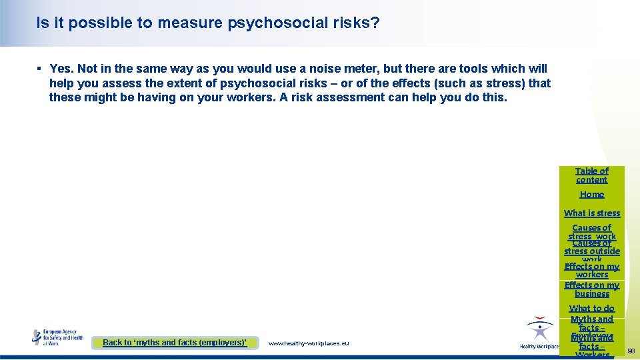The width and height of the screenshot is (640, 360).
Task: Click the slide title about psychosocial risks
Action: pyautogui.click(x=208, y=23)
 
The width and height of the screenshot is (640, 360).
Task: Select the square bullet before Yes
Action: pyautogui.click(x=40, y=69)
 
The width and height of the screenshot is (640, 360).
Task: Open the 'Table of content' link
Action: pyautogui.click(x=592, y=175)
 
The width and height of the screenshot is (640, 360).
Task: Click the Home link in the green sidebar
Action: pyautogui.click(x=592, y=195)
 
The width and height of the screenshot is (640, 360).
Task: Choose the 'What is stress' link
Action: pyautogui.click(x=592, y=213)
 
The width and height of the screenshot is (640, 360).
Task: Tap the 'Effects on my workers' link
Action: pyautogui.click(x=592, y=270)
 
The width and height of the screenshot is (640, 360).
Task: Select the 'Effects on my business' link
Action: pyautogui.click(x=592, y=289)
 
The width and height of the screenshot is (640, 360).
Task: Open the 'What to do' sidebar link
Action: pyautogui.click(x=592, y=309)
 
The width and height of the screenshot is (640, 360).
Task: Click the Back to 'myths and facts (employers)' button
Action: pyautogui.click(x=175, y=343)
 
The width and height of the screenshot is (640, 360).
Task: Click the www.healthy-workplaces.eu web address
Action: pyautogui.click(x=308, y=343)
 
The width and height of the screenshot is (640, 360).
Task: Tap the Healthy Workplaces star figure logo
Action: pyautogui.click(x=539, y=331)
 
